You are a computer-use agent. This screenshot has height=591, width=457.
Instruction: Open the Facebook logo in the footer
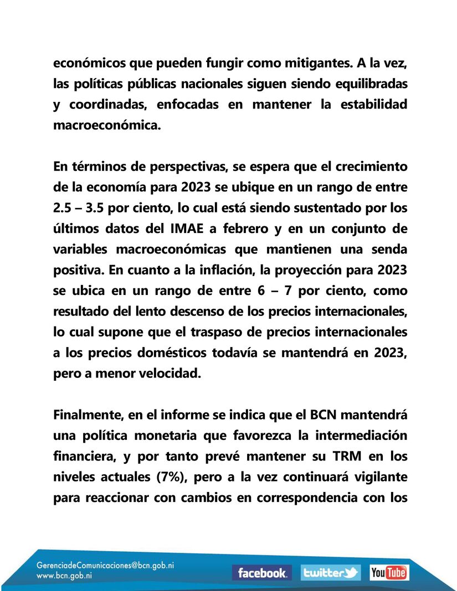click(x=261, y=573)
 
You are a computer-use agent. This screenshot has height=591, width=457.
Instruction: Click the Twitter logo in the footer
click(x=331, y=573)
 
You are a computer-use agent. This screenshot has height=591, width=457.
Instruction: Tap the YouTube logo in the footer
click(x=389, y=573)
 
